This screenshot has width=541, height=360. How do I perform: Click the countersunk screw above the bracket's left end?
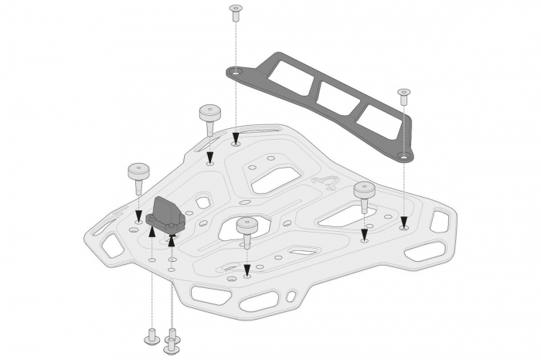pos(236,13)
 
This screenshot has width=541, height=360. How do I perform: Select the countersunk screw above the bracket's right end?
pos(403,97)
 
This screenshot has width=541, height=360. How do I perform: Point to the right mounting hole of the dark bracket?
pos(402,155)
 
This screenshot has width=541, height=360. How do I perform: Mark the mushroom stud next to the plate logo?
pos(364,193)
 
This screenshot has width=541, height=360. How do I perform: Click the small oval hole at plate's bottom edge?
pos(291,297)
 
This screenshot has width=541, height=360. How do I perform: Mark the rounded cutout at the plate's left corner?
pos(111,246)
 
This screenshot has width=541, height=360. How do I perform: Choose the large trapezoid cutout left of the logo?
pos(275,179)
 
